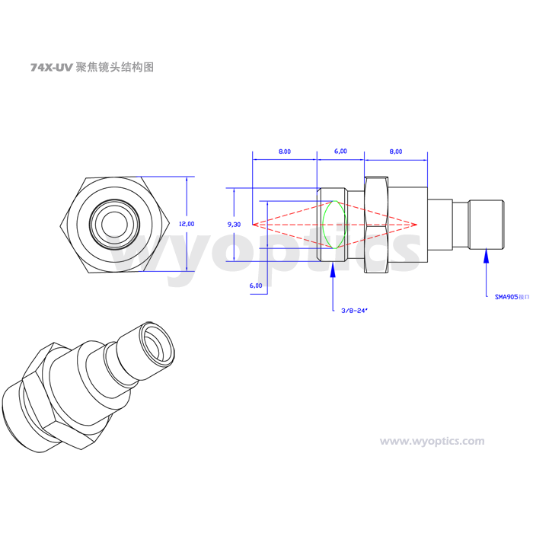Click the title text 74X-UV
point(52,67)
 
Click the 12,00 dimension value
point(186,224)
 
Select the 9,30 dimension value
point(235,224)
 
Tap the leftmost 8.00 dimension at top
point(284,152)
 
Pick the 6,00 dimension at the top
point(340,152)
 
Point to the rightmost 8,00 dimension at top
point(396,152)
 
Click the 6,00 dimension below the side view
point(256,286)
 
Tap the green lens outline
point(334,224)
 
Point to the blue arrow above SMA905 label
point(487,263)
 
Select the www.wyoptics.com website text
point(432,441)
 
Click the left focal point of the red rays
point(254,225)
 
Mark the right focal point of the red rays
point(418,225)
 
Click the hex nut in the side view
point(377,224)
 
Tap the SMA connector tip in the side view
point(486,224)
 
